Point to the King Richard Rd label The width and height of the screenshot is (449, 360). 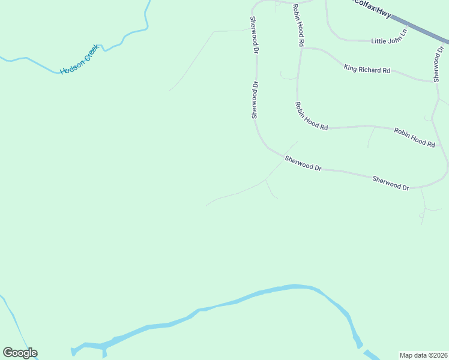click(x=367, y=70)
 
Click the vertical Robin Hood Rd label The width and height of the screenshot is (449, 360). click(x=298, y=25)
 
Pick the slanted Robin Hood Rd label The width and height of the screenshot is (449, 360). click(x=311, y=116)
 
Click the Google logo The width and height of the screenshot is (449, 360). click(x=20, y=353)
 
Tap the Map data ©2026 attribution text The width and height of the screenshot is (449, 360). click(x=423, y=355)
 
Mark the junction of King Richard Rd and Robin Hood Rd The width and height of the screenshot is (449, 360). click(x=301, y=49)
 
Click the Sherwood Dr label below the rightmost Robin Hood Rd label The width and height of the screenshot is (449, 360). click(x=390, y=183)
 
